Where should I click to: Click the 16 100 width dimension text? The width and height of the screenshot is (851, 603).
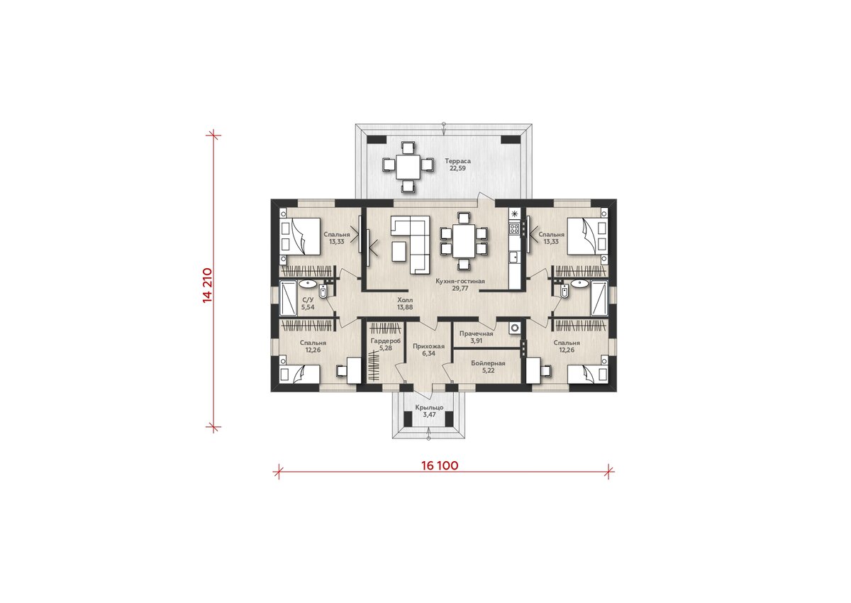pos(440,465)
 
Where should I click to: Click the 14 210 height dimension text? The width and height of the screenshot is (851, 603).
pos(207,285)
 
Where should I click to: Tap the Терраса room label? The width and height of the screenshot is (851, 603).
pos(458,161)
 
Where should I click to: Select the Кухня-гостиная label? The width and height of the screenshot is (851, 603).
pos(460,281)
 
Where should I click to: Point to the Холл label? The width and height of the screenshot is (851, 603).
pos(405,300)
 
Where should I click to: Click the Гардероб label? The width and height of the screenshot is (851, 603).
pos(386,341)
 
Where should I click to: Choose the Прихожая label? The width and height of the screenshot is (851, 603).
pos(428,346)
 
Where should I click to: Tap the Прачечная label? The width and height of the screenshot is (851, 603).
pos(476,333)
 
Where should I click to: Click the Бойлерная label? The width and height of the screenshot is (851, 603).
pos(488,363)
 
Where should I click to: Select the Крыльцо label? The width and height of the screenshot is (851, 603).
pos(429,408)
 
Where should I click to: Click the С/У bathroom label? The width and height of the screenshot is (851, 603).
pos(308,300)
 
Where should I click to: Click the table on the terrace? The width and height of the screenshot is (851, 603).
pos(408,167)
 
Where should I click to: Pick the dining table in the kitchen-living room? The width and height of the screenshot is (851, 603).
pos(464,242)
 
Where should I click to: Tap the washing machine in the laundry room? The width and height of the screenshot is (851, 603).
pos(515,328)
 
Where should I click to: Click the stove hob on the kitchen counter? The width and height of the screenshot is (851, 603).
pos(514,228)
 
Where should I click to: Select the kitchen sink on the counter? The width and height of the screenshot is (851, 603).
pos(514,258)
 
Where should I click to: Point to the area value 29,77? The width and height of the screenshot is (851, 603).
pos(460,289)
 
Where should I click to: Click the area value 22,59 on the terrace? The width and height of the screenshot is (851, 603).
pos(457,168)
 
